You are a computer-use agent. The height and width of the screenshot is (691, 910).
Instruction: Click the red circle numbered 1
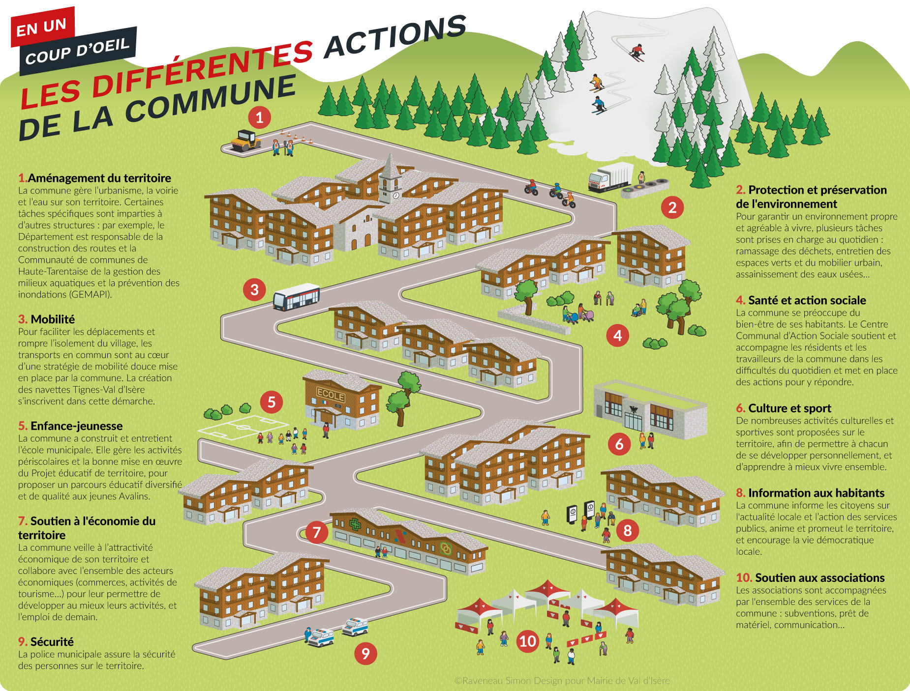[x=259, y=117]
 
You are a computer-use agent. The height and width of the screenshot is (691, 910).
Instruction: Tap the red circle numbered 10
[x=527, y=641]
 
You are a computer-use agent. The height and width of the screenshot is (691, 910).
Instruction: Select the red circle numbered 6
[x=619, y=444]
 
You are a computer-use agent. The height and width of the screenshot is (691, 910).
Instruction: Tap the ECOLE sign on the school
[x=331, y=395]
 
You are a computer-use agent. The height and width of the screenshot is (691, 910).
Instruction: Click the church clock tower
[x=391, y=179]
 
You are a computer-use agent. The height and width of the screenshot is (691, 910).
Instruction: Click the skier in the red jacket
[x=637, y=52]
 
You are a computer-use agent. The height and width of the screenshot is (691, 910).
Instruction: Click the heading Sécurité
[x=52, y=642]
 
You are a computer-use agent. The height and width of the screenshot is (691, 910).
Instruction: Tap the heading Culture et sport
[x=789, y=408]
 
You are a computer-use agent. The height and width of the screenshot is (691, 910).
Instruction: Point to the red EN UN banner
[x=42, y=27]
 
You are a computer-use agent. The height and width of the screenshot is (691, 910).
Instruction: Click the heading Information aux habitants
[x=816, y=493]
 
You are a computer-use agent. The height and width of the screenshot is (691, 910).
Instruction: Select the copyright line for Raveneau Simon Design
[x=562, y=681]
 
